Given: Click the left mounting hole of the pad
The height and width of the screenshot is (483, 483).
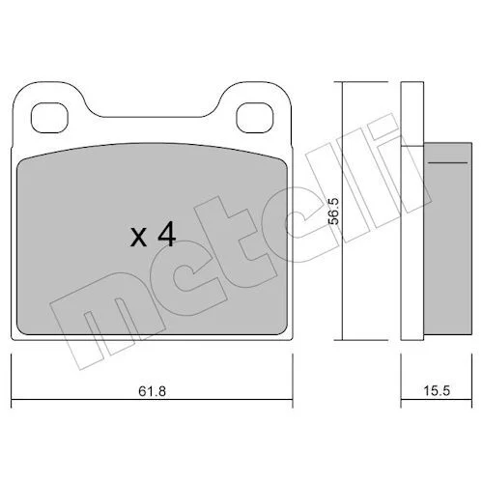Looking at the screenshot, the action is [49, 118].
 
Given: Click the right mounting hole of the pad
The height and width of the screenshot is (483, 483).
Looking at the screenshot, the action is [255, 118].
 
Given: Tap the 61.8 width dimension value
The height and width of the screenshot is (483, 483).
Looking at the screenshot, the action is [152, 391].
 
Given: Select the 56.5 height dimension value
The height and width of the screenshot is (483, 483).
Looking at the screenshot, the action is [333, 211].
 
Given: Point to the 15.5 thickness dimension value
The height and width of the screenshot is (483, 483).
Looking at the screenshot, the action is [437, 391].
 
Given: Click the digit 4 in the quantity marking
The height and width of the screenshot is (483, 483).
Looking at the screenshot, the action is [166, 236].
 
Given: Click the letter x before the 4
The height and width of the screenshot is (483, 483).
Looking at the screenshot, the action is [139, 238].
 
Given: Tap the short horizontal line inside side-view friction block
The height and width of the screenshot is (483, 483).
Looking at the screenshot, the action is [447, 163].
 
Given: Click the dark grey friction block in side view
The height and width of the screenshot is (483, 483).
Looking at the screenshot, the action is [447, 239].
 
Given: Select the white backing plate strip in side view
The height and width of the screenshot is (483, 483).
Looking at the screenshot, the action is [412, 211].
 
